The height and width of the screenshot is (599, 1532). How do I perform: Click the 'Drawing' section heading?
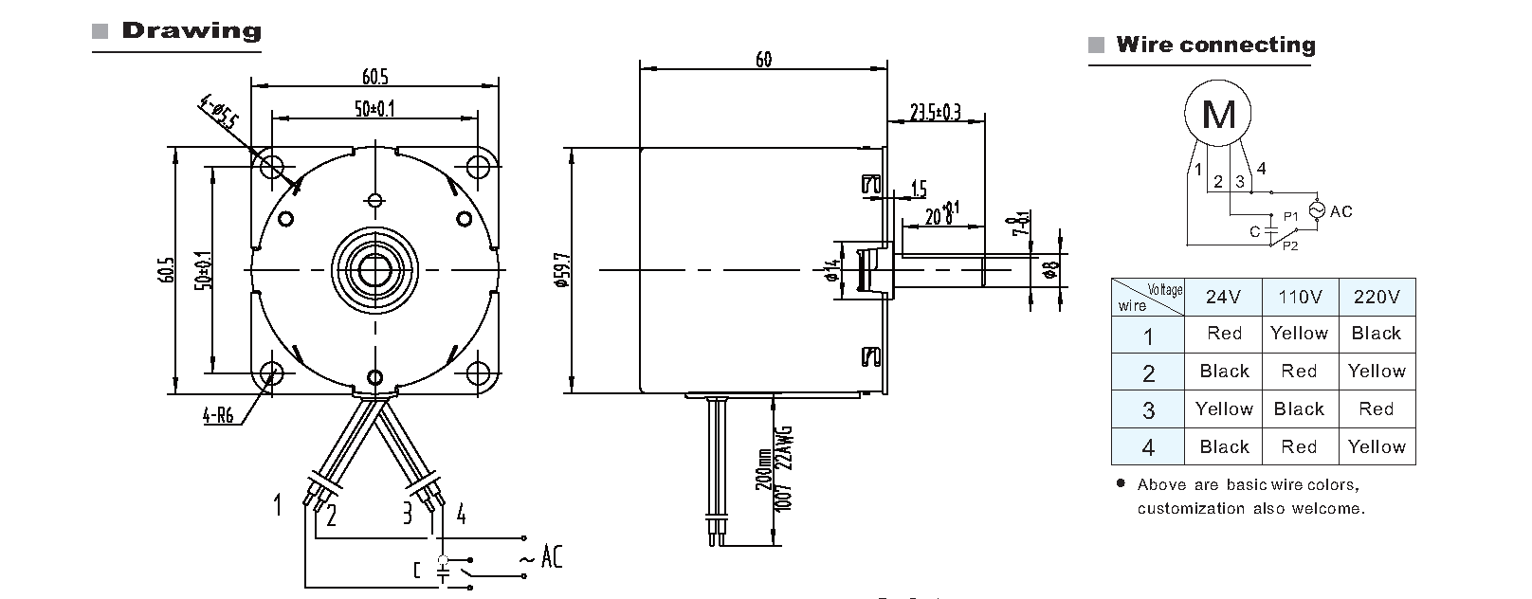[191, 30]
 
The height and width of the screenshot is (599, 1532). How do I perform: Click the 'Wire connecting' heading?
[1215, 45]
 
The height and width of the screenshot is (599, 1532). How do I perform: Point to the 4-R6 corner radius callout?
[219, 414]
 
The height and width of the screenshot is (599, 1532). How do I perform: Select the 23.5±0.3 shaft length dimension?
[935, 113]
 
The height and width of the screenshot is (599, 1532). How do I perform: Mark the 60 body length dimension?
[763, 60]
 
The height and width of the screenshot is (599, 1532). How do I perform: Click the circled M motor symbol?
[1218, 115]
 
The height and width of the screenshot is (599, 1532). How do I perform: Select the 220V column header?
[1377, 297]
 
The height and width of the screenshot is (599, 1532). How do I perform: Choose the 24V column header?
[1223, 297]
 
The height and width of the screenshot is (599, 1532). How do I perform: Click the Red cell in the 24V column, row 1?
[1224, 334]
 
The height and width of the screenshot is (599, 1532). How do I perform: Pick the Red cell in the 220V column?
[1376, 409]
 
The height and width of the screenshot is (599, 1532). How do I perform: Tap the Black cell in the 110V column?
[1299, 409]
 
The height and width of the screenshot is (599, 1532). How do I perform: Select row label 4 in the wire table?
[1148, 447]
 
